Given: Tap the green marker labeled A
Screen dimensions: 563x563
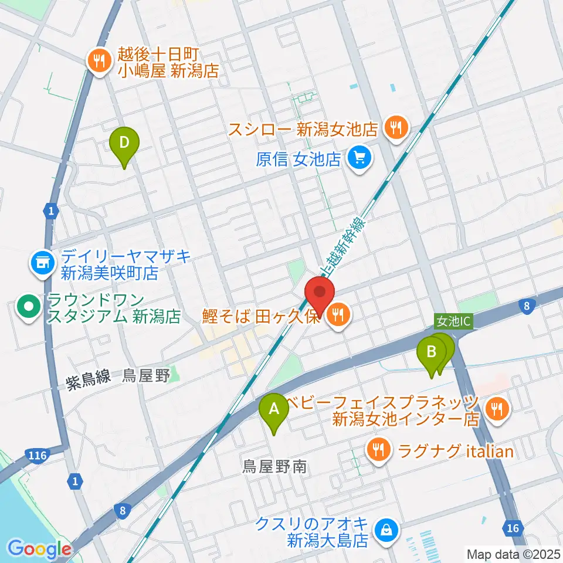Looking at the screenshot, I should click(274, 408).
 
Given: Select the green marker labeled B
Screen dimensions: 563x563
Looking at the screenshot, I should click(432, 353).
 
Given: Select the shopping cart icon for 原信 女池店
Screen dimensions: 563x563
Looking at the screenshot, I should click(358, 158).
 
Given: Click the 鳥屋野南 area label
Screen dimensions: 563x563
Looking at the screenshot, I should click(274, 467).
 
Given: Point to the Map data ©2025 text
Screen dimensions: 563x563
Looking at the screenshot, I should click(513, 554).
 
